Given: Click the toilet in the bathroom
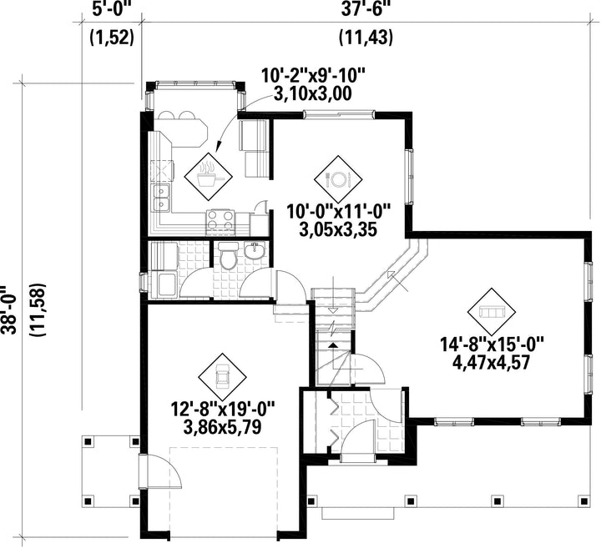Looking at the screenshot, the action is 228,256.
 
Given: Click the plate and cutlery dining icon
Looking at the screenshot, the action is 338,178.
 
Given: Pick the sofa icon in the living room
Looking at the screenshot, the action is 491,312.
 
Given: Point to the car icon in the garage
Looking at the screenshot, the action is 222,375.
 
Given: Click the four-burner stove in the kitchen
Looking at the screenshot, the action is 220,222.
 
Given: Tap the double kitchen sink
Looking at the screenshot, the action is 162,197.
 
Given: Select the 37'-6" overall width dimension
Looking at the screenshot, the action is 361,9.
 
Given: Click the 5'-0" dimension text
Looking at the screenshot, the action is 112,9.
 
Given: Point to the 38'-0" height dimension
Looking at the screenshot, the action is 10,309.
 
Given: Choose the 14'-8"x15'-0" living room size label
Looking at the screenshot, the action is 492,344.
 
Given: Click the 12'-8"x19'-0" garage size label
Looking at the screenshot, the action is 223,409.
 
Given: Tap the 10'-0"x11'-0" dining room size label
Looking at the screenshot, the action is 338,211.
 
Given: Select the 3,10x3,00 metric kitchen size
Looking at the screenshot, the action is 312,93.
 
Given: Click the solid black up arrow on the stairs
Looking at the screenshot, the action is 333,345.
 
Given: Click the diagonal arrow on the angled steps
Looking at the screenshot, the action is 397,281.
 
